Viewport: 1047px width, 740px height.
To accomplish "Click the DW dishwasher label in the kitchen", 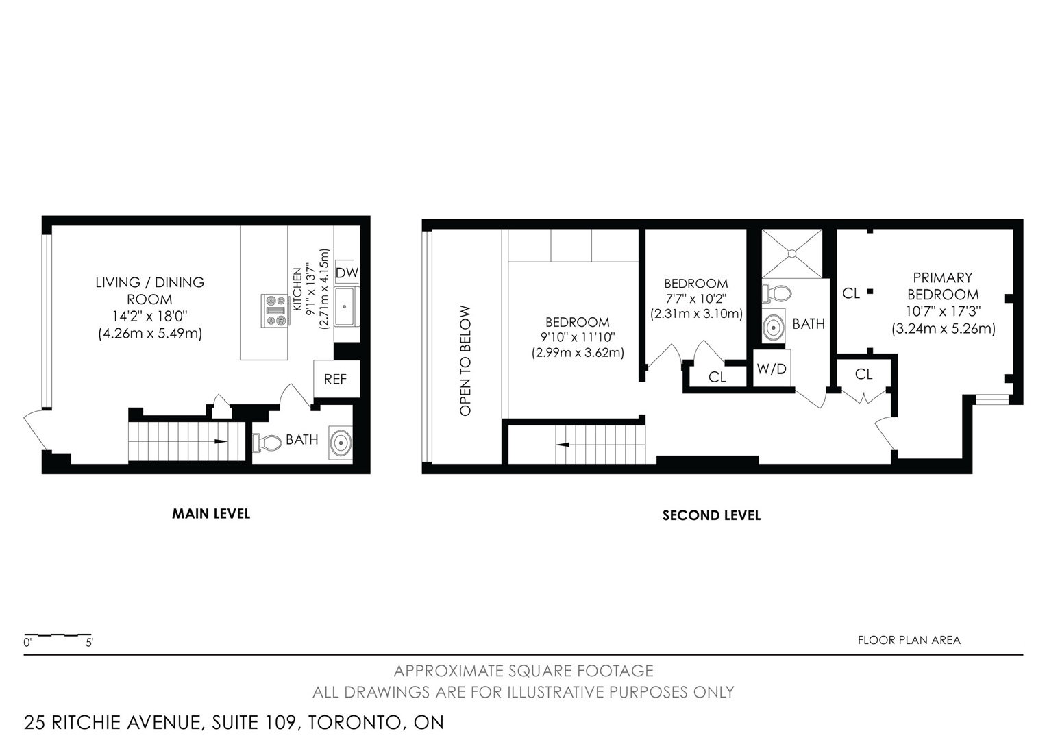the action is tap(347, 273).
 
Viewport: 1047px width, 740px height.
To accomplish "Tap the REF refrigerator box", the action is tap(336, 379).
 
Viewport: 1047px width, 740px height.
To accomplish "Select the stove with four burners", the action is tap(275, 310).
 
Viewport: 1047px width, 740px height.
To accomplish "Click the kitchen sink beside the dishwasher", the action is tap(345, 307).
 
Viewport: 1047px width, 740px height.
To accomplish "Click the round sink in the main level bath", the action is tap(341, 442).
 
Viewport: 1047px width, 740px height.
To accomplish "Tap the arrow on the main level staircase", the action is tap(221, 441).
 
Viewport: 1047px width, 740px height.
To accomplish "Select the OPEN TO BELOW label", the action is tap(465, 360).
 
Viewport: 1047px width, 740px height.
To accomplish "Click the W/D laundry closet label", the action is tap(772, 369).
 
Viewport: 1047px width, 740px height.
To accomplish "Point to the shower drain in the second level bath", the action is tap(792, 254).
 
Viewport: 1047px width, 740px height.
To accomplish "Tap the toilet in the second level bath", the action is tap(776, 293).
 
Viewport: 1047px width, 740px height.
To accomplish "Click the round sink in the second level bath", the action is tap(773, 328).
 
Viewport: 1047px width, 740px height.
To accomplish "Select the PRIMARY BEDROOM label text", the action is tap(943, 286).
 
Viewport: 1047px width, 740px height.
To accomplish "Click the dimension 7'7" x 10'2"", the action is tap(696, 298).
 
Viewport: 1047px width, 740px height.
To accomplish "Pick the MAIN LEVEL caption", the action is tap(211, 514).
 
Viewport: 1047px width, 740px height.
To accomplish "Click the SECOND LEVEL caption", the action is tap(711, 515).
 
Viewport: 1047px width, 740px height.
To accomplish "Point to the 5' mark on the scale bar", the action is tap(89, 642).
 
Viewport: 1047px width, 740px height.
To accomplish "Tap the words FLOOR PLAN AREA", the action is tap(909, 640).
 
